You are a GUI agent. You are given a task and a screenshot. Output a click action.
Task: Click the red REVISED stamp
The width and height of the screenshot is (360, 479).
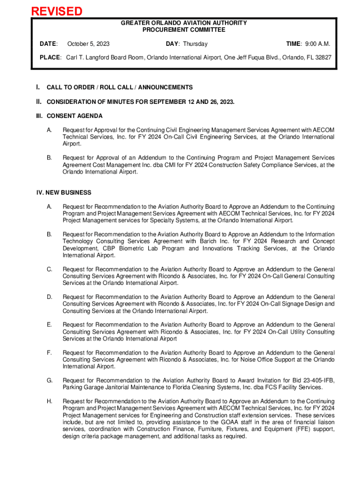point(57,11)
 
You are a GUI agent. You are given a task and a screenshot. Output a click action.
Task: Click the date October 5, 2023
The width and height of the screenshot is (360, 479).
point(88,44)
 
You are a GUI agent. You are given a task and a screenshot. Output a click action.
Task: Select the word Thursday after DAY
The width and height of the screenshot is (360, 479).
point(195,44)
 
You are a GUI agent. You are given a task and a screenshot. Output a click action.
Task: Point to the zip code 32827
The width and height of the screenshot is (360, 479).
point(321,57)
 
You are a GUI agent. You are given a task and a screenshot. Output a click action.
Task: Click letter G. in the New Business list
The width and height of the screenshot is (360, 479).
point(49,380)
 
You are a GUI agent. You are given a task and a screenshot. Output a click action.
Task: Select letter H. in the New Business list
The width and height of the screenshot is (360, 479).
point(49,401)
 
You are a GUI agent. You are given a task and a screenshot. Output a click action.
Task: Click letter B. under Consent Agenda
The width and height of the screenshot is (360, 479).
point(49,158)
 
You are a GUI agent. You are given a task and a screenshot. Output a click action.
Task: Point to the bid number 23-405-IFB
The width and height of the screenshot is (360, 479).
point(315,380)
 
